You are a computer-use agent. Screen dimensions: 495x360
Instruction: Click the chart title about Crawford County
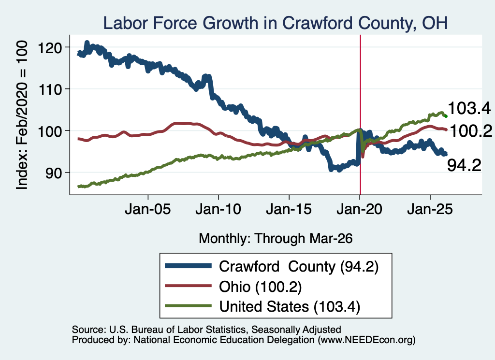[x=275, y=23]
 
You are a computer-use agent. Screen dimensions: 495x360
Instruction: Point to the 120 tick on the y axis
[x=50, y=48]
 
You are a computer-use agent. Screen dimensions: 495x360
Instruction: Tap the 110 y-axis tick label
[x=50, y=89]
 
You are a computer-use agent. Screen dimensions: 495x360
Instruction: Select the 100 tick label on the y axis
[x=50, y=131]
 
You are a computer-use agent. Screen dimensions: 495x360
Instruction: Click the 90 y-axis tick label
[x=54, y=173]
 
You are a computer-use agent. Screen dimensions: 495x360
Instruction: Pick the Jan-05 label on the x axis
[x=148, y=209]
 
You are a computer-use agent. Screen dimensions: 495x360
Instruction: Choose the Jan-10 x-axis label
[x=218, y=209]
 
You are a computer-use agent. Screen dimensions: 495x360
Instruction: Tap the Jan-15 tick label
[x=289, y=209]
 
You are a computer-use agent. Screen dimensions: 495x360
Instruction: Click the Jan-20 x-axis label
[x=359, y=209]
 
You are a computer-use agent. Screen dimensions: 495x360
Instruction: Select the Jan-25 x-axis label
[x=430, y=209]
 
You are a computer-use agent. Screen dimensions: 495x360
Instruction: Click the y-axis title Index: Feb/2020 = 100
[x=22, y=115]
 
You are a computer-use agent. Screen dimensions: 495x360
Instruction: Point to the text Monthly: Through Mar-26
[x=276, y=238]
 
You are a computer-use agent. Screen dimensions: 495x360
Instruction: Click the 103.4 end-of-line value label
[x=469, y=108]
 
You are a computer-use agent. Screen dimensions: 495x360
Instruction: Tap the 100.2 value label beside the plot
[x=471, y=130]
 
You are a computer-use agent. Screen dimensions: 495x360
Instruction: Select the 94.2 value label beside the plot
[x=465, y=165]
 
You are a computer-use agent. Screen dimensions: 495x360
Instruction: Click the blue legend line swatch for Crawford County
[x=188, y=266]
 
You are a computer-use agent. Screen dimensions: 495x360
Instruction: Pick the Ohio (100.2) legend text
[x=261, y=287]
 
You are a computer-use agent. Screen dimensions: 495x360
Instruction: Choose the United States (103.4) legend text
[x=290, y=307]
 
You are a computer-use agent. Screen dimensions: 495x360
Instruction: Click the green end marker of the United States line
[x=446, y=116]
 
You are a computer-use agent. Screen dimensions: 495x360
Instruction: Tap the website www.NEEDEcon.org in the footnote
[x=367, y=340]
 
